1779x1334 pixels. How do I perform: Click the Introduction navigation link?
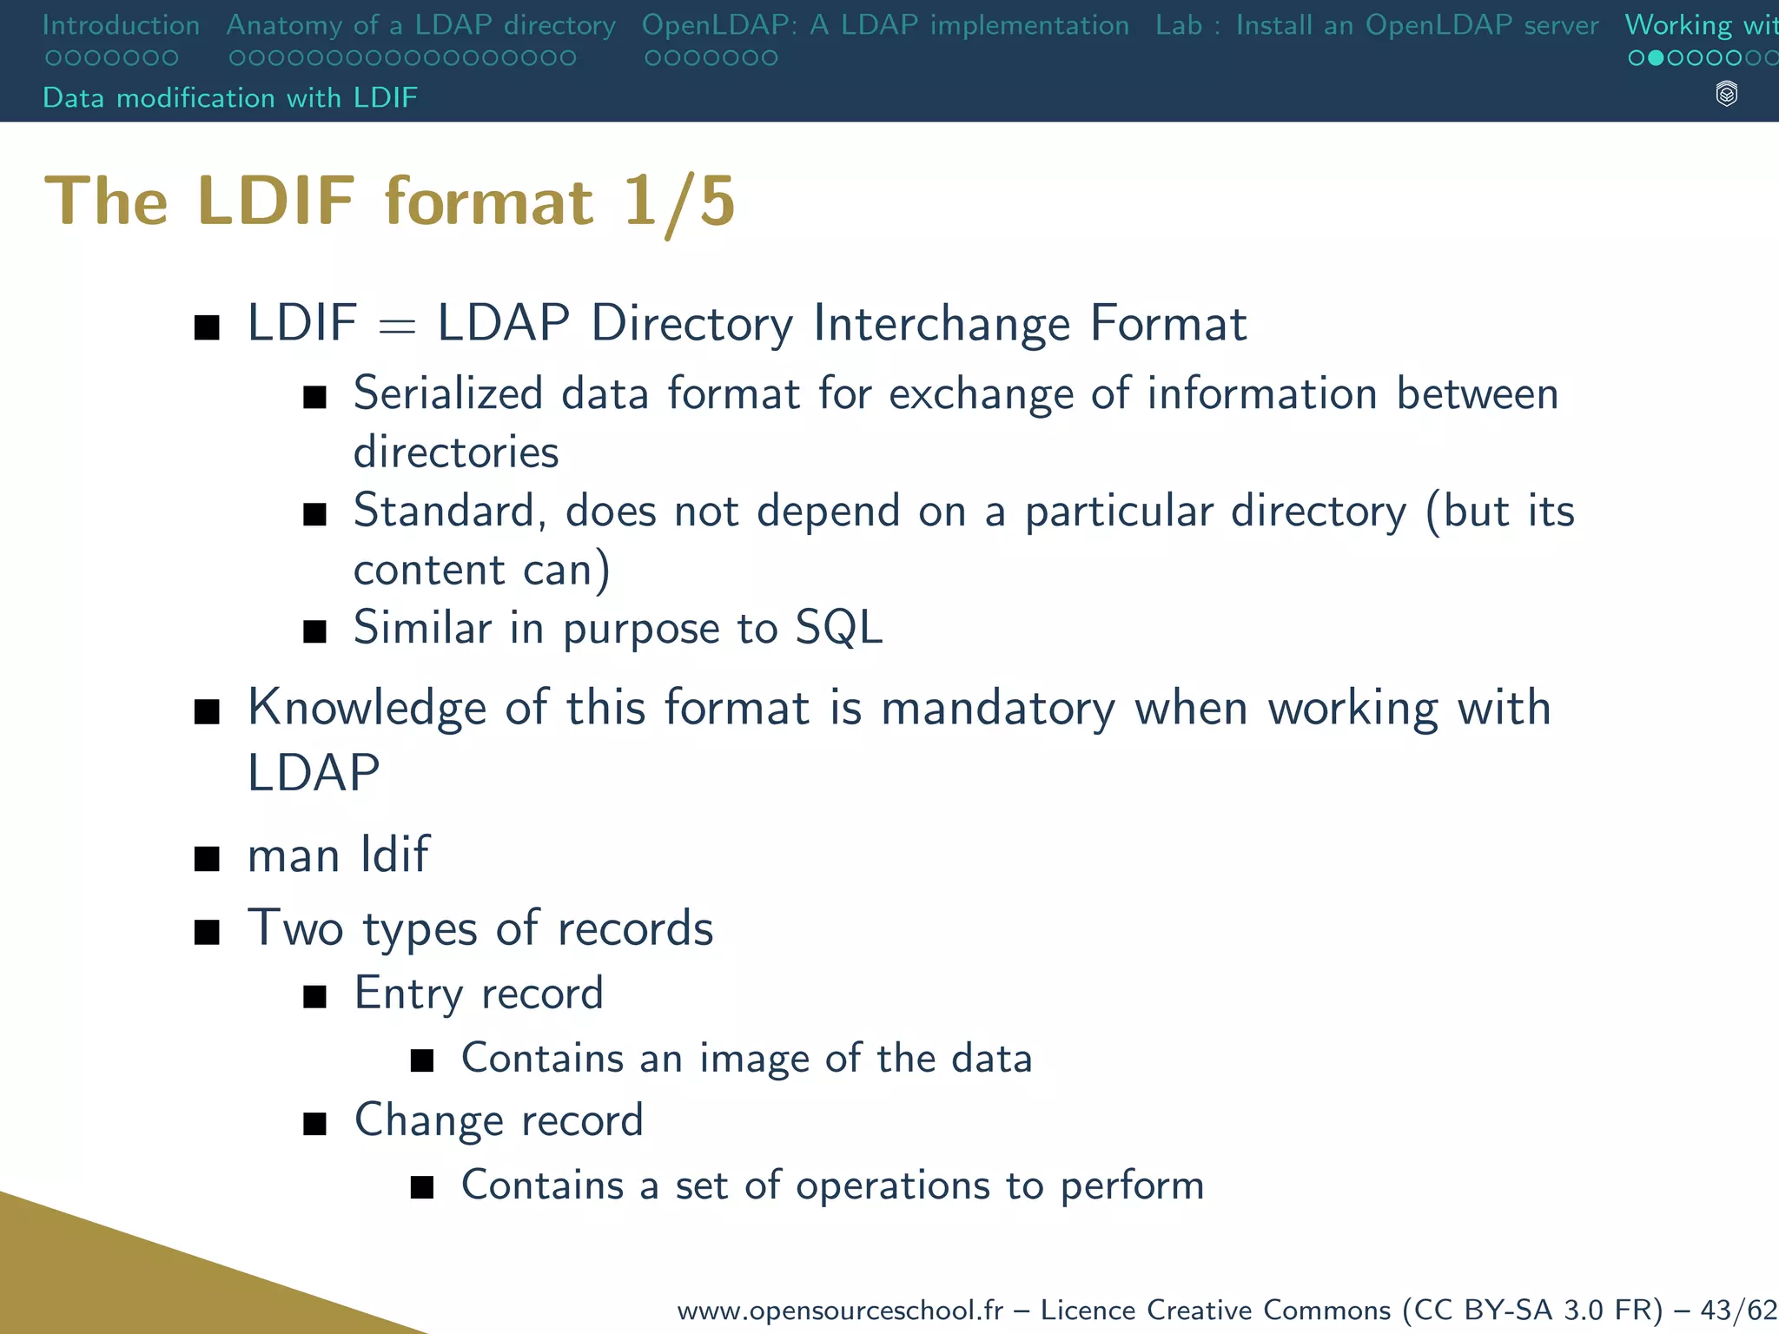[121, 25]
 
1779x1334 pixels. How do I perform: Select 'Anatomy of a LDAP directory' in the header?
[420, 25]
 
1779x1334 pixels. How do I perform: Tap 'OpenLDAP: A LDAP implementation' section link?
[885, 25]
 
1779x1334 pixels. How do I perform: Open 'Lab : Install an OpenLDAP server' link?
[1377, 25]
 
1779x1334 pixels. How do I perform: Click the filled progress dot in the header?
[1656, 58]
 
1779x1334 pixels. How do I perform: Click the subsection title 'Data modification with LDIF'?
[230, 97]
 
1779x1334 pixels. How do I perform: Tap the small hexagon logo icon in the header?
[1727, 94]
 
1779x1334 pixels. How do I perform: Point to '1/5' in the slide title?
[679, 202]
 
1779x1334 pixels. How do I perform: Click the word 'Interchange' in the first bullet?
[942, 323]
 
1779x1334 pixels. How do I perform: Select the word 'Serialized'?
[448, 393]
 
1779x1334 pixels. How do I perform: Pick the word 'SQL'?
[838, 627]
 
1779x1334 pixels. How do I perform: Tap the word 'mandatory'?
[998, 708]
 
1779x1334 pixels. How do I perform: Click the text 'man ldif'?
[338, 855]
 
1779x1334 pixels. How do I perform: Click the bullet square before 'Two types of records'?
[207, 933]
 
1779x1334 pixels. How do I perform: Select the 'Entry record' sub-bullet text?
[479, 994]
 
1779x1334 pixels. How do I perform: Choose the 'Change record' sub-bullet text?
[499, 1120]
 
